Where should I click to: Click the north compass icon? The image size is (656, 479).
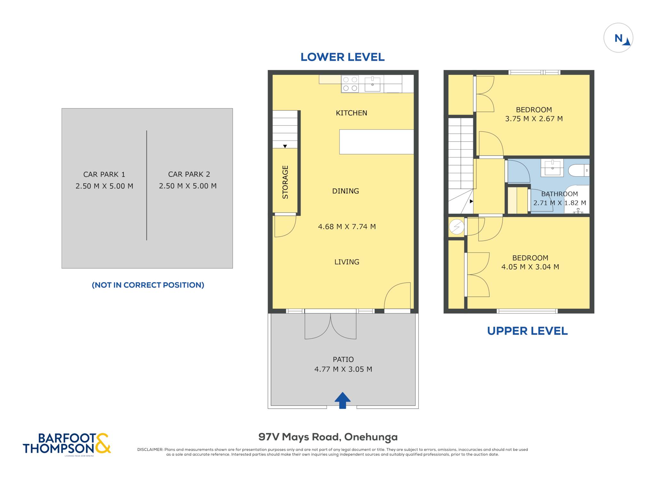coord(618,38)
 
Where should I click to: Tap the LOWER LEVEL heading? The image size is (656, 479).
coord(342,57)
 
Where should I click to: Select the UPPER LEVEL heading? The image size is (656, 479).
coord(527,331)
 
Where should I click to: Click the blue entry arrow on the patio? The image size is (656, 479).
coord(342,400)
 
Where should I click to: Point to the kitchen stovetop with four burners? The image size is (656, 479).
coord(350,84)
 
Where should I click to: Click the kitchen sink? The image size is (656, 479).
coord(373,84)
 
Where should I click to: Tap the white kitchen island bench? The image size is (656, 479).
coord(376,142)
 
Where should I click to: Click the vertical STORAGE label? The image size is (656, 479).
coord(285,182)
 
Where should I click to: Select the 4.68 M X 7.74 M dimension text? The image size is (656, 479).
coord(347,227)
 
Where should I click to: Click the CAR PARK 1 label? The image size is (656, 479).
coord(104,174)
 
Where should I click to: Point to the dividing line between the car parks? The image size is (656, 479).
coord(147,185)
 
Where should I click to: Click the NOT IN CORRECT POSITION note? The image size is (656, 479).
coord(148,285)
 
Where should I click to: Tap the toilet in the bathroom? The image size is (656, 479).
coord(578,170)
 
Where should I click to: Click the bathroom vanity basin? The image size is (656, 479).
coord(552,168)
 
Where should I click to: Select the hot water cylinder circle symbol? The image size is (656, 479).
coord(456,227)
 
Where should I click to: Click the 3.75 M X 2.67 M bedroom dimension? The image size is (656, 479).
coord(534,119)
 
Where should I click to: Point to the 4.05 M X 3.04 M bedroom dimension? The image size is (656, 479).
coord(530,267)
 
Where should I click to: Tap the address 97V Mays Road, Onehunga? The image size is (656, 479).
coord(328,437)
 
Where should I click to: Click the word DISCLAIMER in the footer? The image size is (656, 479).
coord(150,450)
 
